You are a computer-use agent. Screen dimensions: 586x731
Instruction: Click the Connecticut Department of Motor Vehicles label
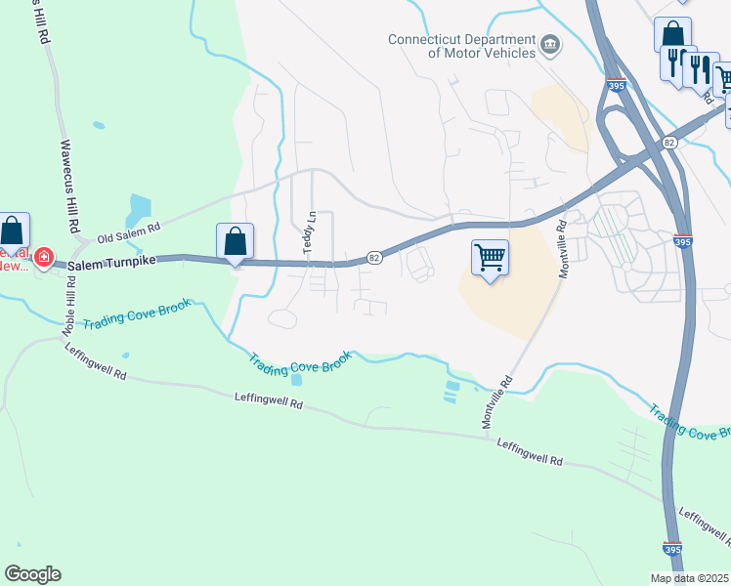point(461,46)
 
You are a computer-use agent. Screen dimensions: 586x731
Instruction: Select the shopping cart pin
point(490,259)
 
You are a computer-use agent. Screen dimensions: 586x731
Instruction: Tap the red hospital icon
point(43,257)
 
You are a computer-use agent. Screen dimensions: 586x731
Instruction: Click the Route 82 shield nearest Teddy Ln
point(374,257)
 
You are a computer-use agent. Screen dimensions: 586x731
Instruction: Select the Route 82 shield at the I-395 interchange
point(668,143)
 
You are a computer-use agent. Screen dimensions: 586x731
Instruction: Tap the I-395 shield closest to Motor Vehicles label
point(615,87)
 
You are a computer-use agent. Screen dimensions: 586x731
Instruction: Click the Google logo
point(32,574)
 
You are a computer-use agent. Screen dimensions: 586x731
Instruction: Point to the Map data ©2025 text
point(689,578)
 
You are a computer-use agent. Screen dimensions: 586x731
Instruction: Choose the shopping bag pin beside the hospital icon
point(12,232)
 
